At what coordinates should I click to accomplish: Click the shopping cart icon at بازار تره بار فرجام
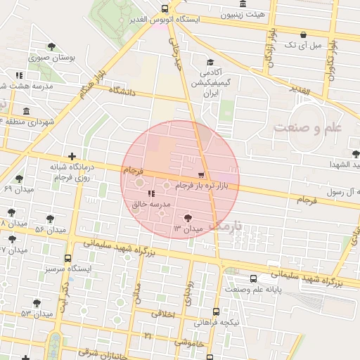(202, 174)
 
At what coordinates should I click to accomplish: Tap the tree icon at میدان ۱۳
(187, 217)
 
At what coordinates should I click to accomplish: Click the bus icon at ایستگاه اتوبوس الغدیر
(165, 9)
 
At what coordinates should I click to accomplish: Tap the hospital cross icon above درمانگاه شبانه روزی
(72, 156)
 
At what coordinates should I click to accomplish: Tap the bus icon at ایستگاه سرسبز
(67, 258)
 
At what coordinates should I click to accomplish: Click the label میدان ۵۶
(50, 230)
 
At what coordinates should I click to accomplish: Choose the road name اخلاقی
(163, 314)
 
